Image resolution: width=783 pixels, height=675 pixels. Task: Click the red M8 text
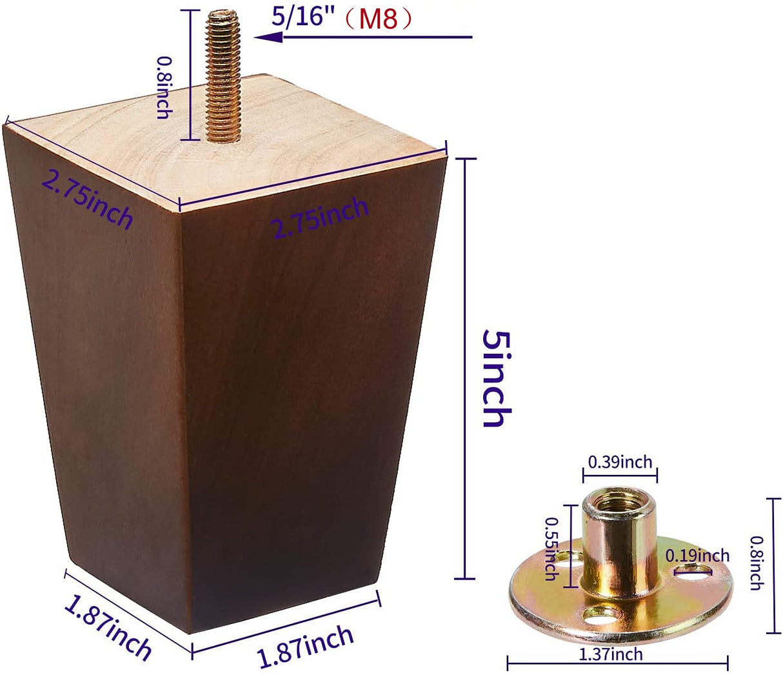tap(378, 19)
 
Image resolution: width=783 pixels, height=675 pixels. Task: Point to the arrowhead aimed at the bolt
tap(268, 37)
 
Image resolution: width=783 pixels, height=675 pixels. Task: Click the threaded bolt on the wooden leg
tap(223, 76)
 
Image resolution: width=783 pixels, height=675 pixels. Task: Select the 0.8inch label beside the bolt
tap(164, 88)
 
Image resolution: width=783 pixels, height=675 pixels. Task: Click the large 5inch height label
tap(497, 378)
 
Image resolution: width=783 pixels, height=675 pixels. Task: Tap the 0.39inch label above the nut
tap(620, 462)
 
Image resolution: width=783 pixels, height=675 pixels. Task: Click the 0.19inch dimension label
tap(697, 556)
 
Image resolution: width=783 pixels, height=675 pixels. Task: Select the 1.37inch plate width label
tap(611, 654)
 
